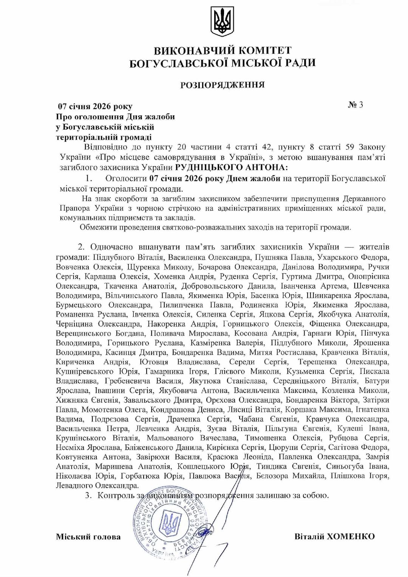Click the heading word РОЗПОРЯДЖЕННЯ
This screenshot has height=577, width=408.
click(222, 85)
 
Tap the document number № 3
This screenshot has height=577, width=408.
click(355, 105)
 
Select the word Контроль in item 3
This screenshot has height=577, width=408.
click(114, 495)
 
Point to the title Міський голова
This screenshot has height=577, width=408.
click(88, 537)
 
